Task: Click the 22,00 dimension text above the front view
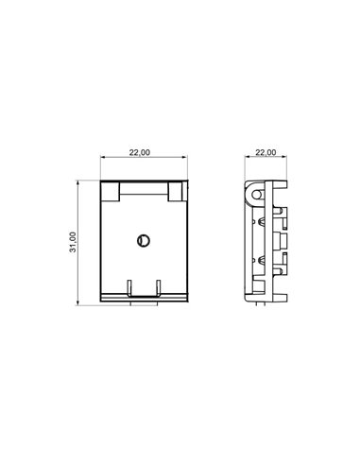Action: coord(140,152)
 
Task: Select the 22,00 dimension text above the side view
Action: coord(266,152)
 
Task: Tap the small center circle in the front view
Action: coord(141,240)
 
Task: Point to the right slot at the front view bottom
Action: coord(157,286)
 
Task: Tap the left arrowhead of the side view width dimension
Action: coord(246,159)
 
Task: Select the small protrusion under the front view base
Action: coord(142,303)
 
